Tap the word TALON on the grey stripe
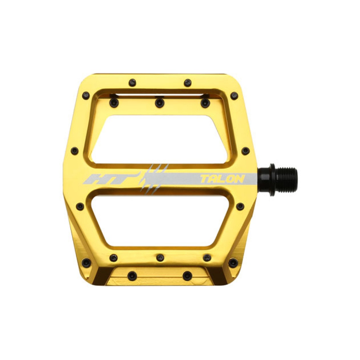[222, 179]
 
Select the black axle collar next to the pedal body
[267, 180]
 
